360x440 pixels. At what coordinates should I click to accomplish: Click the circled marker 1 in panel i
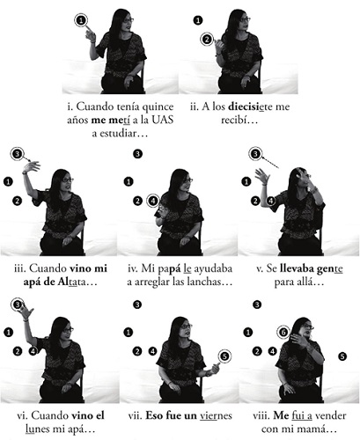[x=82, y=20]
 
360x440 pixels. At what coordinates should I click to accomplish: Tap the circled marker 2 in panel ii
[x=207, y=39]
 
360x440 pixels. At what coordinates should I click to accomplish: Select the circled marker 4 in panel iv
[x=153, y=201]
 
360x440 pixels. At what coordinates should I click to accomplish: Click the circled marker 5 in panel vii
[x=224, y=356]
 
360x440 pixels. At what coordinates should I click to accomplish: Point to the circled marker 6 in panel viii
[x=283, y=333]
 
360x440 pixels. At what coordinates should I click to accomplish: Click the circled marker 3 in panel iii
[x=18, y=154]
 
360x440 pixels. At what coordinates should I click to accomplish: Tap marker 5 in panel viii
[x=342, y=356]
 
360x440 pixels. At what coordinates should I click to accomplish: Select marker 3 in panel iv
[x=137, y=154]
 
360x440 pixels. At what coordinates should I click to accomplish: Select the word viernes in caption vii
[x=216, y=415]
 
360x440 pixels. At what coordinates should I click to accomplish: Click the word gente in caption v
[x=330, y=269]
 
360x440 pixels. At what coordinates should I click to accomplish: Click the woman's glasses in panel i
[x=129, y=20]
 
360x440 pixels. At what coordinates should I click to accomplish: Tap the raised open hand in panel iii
[x=31, y=166]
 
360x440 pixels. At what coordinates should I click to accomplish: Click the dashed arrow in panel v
[x=270, y=163]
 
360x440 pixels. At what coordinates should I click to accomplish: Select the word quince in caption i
[x=158, y=106]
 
